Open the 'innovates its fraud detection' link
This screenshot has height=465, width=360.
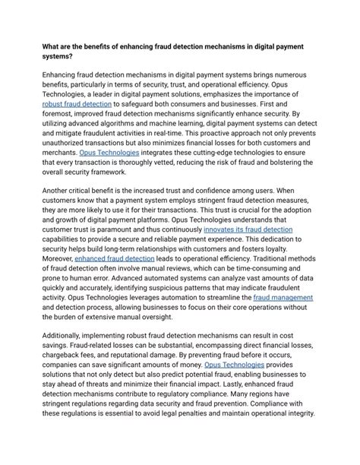click(x=250, y=229)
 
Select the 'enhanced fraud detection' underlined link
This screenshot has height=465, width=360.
click(x=114, y=258)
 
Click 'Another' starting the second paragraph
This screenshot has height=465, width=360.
click(x=61, y=190)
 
